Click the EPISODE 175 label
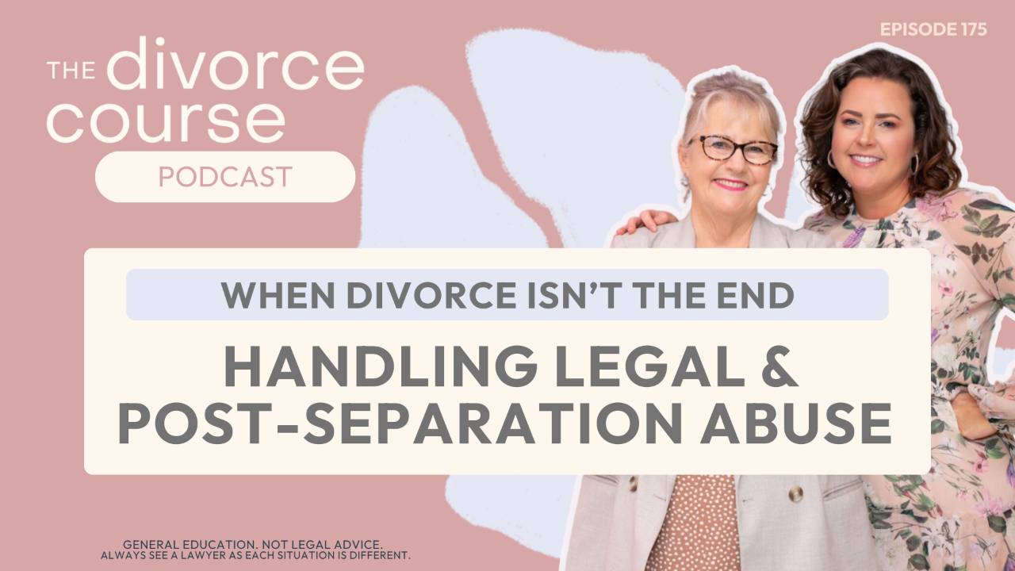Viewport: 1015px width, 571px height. (x=933, y=29)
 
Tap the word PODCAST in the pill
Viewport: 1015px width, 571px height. (x=224, y=176)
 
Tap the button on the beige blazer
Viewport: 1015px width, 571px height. (x=795, y=494)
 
